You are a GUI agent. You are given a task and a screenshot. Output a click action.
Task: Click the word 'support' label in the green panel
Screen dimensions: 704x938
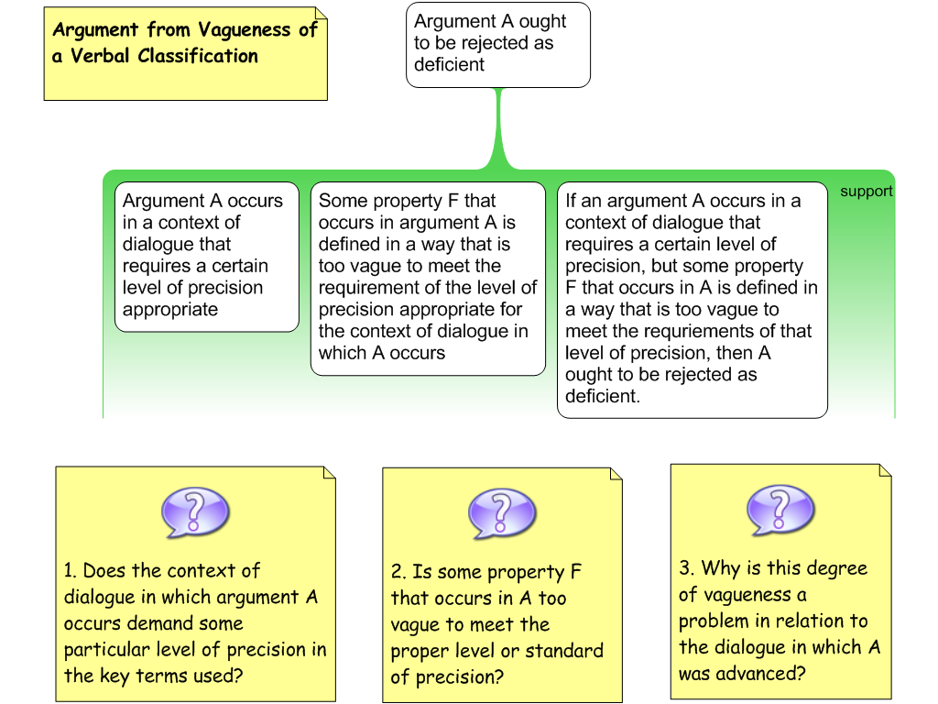click(866, 192)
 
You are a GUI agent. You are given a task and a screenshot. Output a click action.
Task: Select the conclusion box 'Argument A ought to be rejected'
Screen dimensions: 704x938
click(497, 44)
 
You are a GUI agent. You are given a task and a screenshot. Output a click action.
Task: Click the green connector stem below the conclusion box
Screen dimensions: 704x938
click(498, 128)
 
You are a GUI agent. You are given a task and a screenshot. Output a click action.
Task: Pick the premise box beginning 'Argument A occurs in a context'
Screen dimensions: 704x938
click(207, 256)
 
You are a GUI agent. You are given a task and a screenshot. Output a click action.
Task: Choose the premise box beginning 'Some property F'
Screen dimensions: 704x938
click(428, 278)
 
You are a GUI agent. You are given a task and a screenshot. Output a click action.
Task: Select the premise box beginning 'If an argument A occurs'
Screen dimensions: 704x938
click(692, 299)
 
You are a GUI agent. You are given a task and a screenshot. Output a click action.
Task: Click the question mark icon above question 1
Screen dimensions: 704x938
click(194, 511)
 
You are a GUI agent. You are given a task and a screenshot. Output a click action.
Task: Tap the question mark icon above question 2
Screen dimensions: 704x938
click(501, 511)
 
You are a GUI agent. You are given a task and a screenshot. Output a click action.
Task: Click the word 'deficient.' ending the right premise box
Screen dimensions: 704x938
click(602, 397)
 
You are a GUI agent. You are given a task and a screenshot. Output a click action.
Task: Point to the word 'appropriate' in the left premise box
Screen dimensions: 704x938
click(170, 310)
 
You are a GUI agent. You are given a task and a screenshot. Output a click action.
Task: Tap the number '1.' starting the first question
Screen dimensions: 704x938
click(71, 571)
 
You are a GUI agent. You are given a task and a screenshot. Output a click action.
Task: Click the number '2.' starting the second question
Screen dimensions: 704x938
click(398, 573)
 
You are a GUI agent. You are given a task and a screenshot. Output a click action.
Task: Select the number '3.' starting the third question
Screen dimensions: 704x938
click(687, 568)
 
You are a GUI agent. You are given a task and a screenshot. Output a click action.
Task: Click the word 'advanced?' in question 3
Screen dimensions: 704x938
click(742, 674)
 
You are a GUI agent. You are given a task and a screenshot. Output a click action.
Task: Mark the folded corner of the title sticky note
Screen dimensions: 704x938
click(321, 14)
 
